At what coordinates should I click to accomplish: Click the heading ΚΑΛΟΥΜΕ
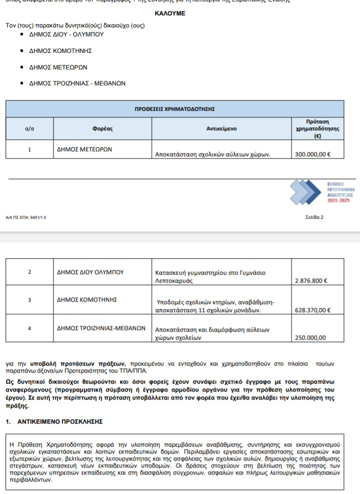pos(170,13)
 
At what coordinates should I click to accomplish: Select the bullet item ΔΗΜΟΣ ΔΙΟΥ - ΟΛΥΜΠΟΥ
pos(67,34)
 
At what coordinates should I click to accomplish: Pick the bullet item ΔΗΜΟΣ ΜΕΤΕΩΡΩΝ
pos(59,67)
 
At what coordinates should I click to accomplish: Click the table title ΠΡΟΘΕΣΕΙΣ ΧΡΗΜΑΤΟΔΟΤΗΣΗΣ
pos(174,108)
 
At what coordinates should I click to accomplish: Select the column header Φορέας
pos(102,128)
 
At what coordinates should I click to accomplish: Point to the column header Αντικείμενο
pos(221,128)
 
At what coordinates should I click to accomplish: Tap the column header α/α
pos(29,128)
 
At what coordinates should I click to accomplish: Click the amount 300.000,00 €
pos(312,154)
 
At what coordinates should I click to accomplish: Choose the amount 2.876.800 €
pos(311,281)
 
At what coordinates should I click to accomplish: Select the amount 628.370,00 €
pos(313,310)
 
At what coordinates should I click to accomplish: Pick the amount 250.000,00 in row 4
pos(310,338)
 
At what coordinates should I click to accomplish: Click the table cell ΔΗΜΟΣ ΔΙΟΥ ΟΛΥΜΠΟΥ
pos(90,272)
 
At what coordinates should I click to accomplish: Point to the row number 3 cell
pos(29,300)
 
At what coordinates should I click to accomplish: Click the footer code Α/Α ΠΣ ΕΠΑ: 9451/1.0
pos(25,218)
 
